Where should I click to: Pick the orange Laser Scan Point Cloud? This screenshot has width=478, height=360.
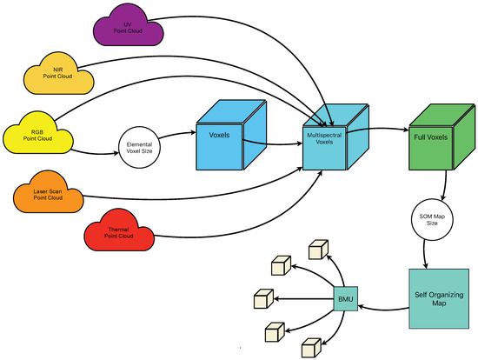tap(49, 195)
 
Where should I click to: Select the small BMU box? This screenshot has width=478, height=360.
tap(343, 301)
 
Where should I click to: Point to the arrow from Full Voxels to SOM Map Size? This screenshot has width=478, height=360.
tap(446, 185)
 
